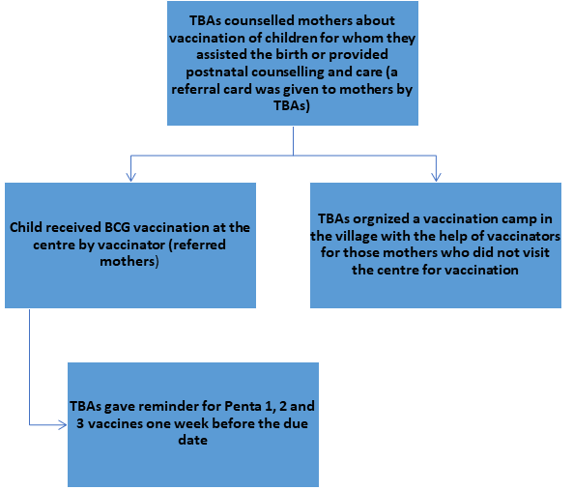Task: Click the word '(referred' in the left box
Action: [197, 245]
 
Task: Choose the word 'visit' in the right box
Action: [537, 252]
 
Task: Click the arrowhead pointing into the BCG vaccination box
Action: [130, 177]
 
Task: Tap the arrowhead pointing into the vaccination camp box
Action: [436, 177]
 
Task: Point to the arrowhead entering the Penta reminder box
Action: [63, 424]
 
